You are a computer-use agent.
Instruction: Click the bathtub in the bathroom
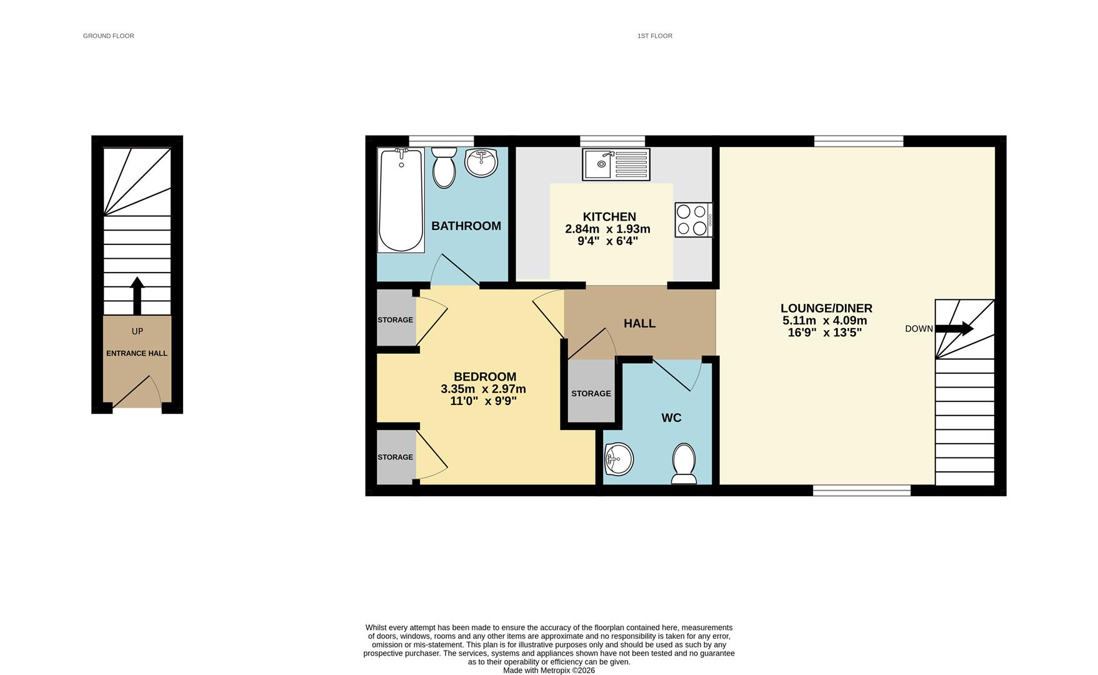(x=401, y=200)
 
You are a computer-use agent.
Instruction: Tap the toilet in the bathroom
(x=444, y=167)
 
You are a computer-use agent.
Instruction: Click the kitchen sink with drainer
(x=616, y=164)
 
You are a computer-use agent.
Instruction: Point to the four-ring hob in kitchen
(x=692, y=220)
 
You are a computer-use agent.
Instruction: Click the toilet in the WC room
(x=684, y=464)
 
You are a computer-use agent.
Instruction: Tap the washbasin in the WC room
(x=619, y=459)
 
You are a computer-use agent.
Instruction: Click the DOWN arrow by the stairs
(x=954, y=328)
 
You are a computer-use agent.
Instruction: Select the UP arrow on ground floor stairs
(x=137, y=296)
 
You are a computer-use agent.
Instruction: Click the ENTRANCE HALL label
(x=137, y=353)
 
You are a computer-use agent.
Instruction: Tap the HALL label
(x=639, y=323)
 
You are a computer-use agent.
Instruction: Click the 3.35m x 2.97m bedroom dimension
(x=483, y=389)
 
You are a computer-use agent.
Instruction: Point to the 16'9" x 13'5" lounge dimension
(x=825, y=332)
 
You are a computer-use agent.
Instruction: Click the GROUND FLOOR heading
(x=109, y=36)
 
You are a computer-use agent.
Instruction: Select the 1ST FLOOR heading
(x=654, y=36)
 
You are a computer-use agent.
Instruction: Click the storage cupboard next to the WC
(x=591, y=392)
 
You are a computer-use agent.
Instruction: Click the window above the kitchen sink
(x=612, y=141)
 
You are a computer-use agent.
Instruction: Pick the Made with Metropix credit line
(x=549, y=670)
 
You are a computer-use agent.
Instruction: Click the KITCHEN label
(x=609, y=217)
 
